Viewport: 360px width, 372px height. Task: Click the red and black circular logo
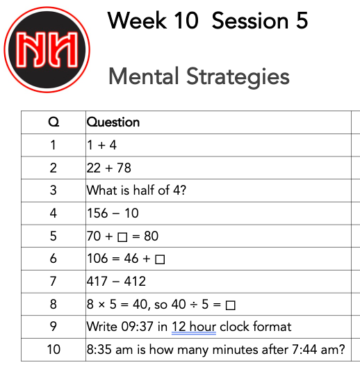47,49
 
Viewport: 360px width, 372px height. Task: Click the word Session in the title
250,21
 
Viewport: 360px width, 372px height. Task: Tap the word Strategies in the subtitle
238,77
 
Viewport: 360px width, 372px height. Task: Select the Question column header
113,122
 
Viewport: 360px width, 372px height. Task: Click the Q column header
54,122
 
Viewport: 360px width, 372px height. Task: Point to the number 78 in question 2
124,168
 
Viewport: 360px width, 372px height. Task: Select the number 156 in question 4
97,213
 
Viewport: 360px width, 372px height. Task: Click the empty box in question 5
122,237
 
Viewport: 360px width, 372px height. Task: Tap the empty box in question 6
160,259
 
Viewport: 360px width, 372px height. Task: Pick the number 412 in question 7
135,282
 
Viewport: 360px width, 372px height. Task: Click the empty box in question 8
230,305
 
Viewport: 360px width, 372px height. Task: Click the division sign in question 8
194,305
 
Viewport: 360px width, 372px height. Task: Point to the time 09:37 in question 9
137,327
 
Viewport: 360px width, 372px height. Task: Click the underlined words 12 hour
194,327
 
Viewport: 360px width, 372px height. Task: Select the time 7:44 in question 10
304,350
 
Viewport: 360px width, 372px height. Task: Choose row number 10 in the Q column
54,350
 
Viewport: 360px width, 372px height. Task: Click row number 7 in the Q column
54,282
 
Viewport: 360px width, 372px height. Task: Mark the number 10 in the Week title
186,21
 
